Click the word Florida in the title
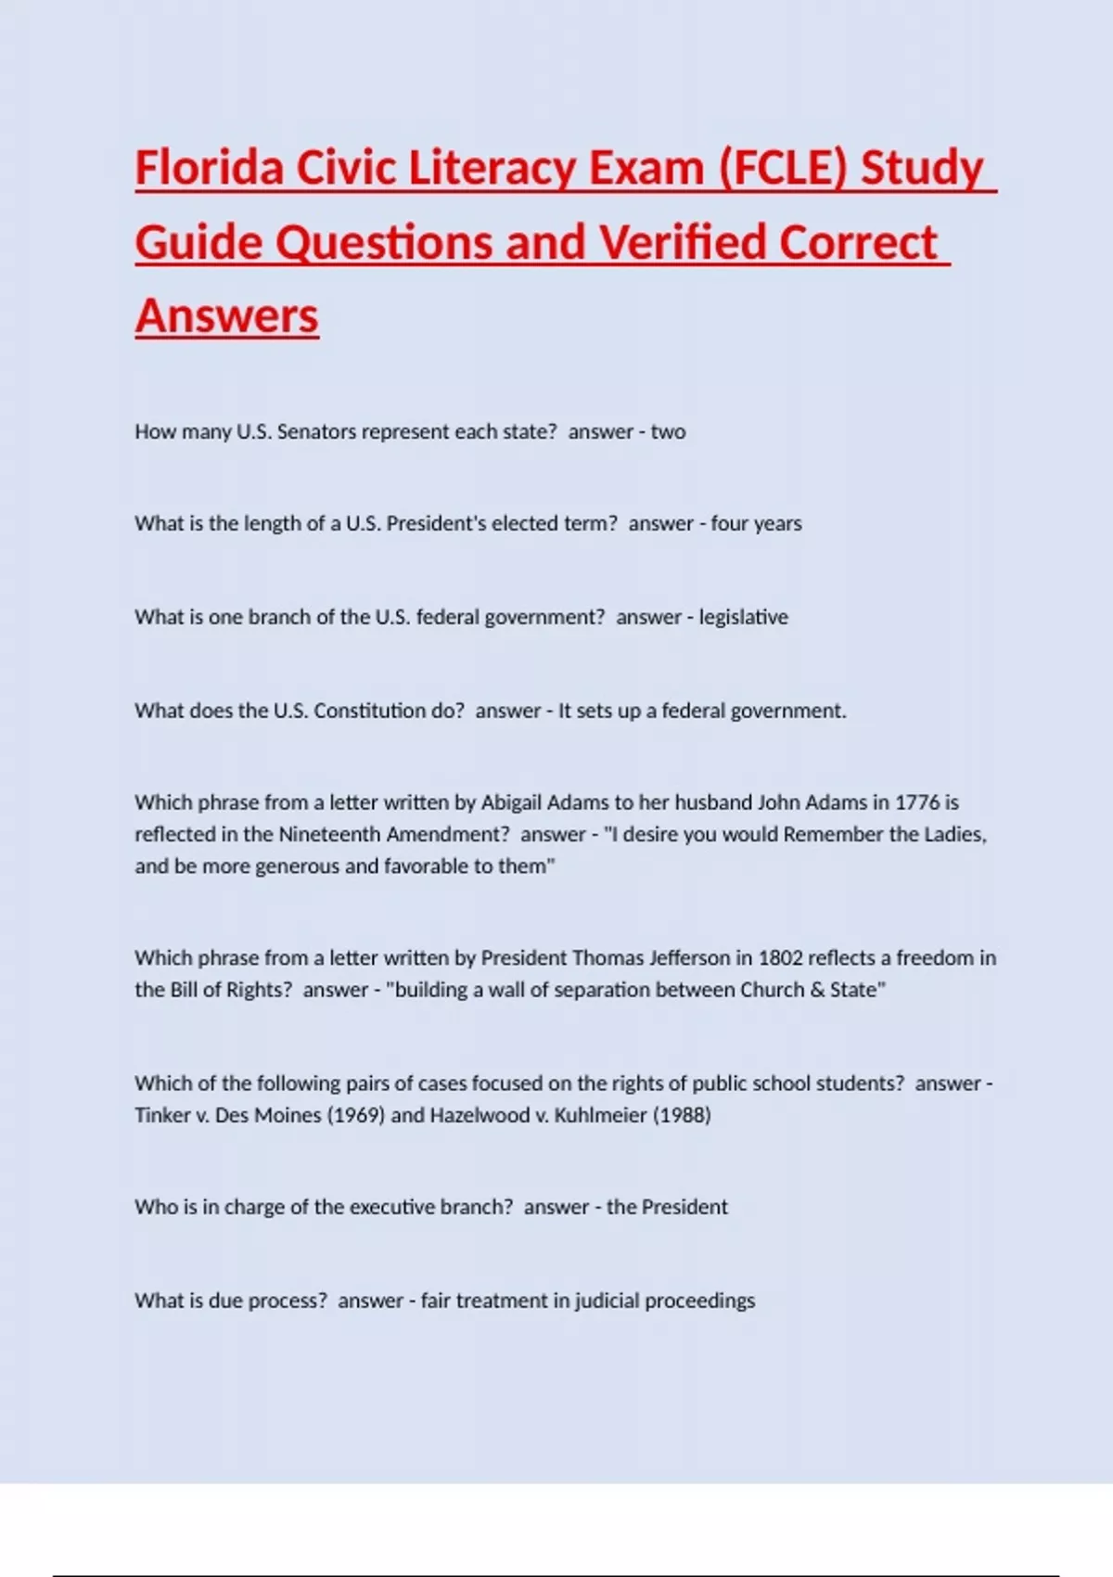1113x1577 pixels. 209,168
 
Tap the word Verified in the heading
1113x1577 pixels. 683,242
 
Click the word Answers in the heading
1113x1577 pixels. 227,315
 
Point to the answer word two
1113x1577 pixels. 668,431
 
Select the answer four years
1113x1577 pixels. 756,523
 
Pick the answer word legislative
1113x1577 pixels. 743,617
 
